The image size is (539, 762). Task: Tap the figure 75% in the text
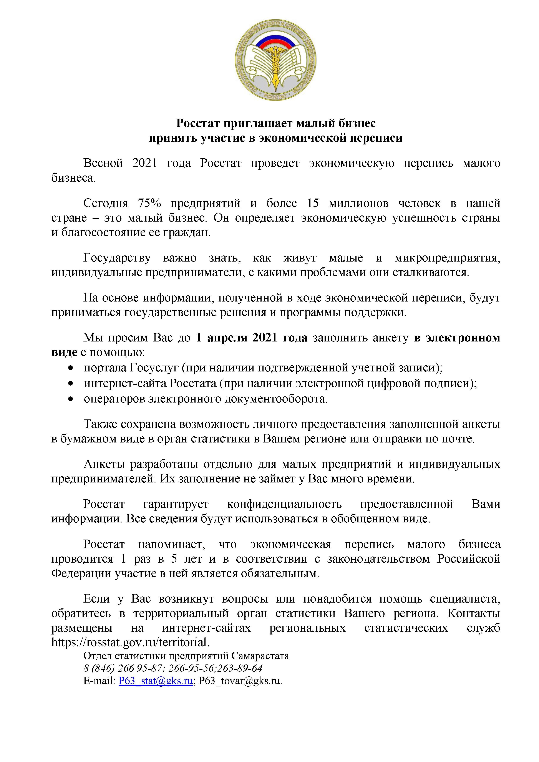pyautogui.click(x=149, y=203)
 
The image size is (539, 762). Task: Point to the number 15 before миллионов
pyautogui.click(x=313, y=203)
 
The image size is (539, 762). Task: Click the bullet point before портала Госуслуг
pyautogui.click(x=70, y=368)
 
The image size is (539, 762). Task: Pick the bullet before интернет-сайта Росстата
pyautogui.click(x=70, y=384)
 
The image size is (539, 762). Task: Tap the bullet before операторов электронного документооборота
pyautogui.click(x=70, y=399)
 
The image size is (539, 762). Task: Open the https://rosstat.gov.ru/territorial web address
pyautogui.click(x=130, y=642)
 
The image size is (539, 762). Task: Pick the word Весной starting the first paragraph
pyautogui.click(x=103, y=163)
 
